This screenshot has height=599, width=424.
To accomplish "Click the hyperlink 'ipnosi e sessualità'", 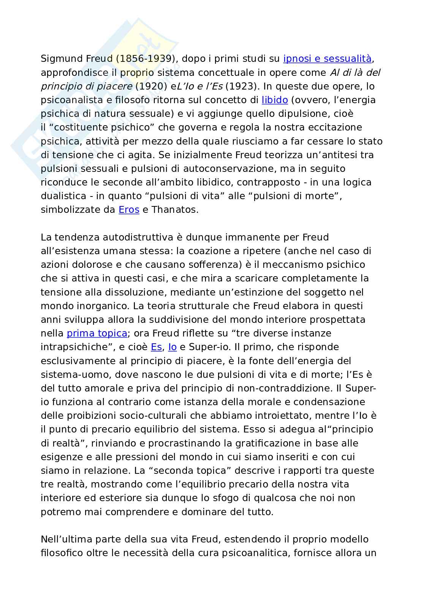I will (x=327, y=59).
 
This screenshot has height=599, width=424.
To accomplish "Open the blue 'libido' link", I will (x=275, y=100).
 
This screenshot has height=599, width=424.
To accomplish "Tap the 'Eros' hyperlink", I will (x=129, y=209).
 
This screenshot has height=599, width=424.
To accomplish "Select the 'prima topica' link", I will (x=97, y=333).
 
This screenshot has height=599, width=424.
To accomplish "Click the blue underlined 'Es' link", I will (x=156, y=347).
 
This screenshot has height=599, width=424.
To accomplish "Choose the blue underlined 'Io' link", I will (x=172, y=347).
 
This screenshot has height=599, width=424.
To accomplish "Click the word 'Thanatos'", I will (x=175, y=209).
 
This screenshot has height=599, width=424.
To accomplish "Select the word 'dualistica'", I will (x=63, y=196).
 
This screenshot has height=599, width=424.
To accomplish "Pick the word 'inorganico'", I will (x=97, y=306).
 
